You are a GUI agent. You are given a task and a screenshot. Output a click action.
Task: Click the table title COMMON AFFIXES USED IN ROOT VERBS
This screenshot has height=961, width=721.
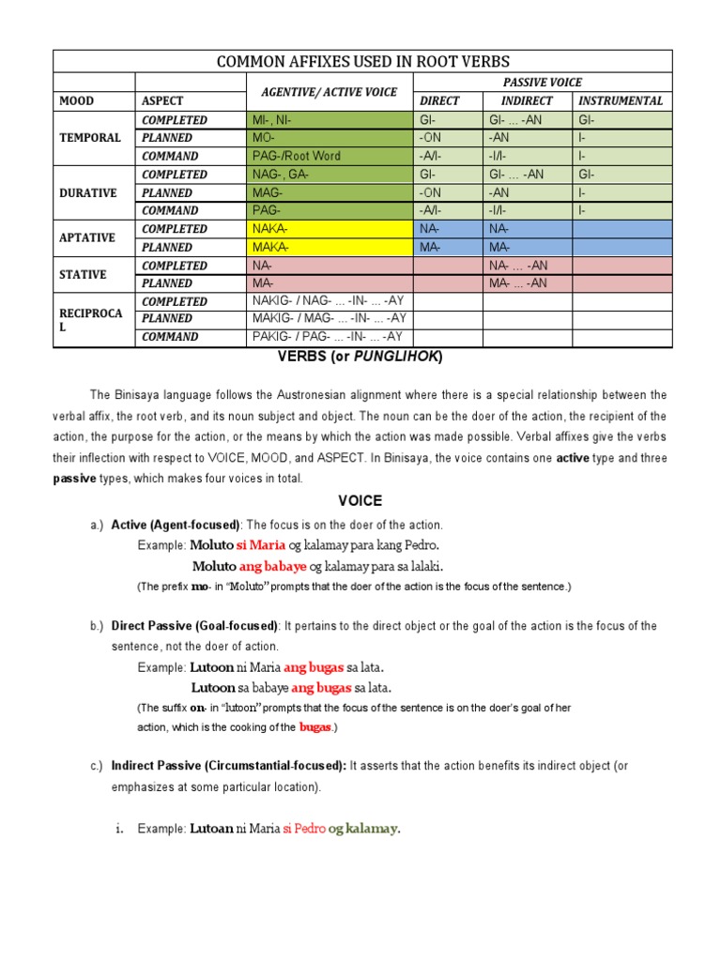point(363,61)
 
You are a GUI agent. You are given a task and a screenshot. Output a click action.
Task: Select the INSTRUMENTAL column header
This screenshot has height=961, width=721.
point(621,100)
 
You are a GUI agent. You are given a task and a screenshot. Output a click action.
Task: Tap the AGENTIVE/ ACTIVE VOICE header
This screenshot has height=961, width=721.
point(329,92)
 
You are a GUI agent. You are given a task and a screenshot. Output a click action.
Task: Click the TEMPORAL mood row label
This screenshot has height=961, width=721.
point(90,138)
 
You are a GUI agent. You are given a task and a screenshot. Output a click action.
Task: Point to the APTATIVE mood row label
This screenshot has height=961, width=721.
point(88,238)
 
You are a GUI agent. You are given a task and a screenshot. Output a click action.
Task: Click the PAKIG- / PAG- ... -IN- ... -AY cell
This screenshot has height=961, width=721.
point(328,337)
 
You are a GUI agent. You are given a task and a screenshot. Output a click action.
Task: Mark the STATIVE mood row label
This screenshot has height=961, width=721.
point(84,274)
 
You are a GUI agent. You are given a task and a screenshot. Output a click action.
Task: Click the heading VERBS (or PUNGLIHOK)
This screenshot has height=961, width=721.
point(360,358)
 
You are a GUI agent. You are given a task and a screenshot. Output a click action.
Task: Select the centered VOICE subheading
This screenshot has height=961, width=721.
point(360,501)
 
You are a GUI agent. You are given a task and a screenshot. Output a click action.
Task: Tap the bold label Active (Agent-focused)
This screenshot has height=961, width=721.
point(176,525)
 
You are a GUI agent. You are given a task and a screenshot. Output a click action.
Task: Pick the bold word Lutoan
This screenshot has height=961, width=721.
point(211,828)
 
